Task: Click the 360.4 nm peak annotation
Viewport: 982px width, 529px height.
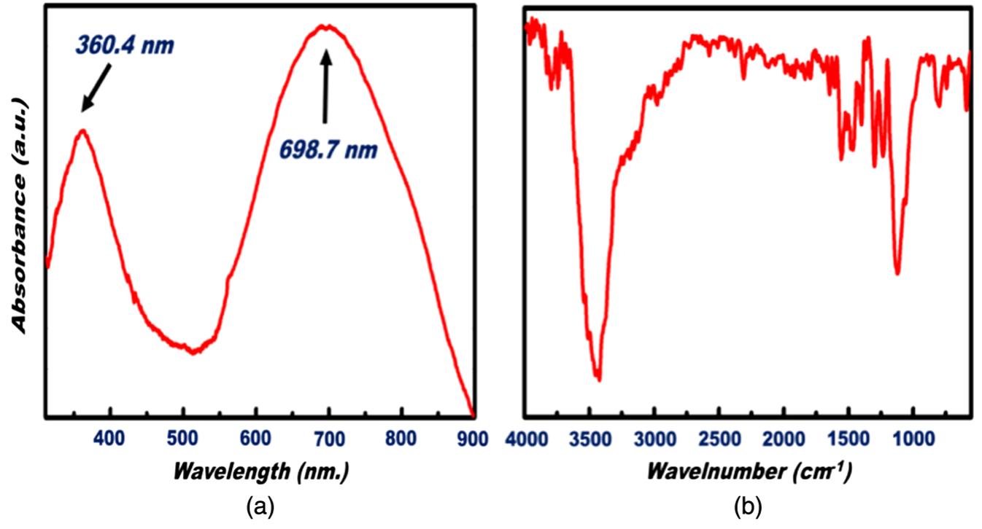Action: pyautogui.click(x=125, y=46)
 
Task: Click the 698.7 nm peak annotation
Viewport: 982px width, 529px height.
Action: pyautogui.click(x=329, y=150)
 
